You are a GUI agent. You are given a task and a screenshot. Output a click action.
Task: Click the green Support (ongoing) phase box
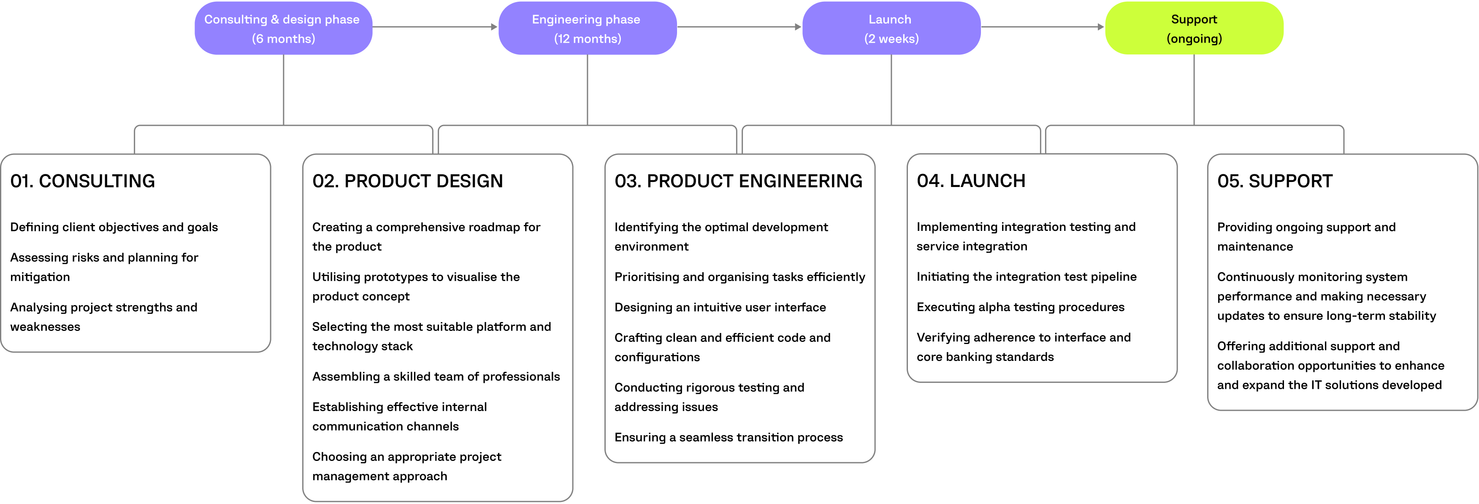tap(1194, 28)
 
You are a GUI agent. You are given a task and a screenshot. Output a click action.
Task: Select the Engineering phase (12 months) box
tap(587, 28)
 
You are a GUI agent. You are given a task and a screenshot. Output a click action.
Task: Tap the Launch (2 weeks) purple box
tap(891, 28)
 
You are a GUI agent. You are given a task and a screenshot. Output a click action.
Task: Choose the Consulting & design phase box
tap(283, 28)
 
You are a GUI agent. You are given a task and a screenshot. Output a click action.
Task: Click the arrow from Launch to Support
tap(1042, 27)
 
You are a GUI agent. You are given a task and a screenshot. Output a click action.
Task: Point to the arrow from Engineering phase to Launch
tap(739, 27)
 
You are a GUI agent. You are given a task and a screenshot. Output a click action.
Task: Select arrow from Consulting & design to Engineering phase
tap(435, 27)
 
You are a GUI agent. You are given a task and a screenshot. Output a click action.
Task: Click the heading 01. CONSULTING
tap(83, 181)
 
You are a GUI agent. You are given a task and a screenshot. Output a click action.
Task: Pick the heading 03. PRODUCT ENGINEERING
tap(738, 181)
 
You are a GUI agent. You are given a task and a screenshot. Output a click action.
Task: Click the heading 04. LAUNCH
tap(970, 181)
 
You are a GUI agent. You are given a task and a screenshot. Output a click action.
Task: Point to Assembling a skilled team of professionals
tap(435, 377)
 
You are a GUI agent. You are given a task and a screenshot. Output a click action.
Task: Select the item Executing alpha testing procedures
tap(1020, 307)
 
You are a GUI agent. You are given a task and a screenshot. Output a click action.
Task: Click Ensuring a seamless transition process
tap(728, 437)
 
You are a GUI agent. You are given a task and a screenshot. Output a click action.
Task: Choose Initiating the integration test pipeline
tap(1026, 276)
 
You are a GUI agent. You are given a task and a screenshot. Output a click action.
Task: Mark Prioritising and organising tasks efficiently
tap(739, 276)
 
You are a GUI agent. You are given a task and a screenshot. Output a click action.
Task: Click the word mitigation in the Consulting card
tap(40, 276)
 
